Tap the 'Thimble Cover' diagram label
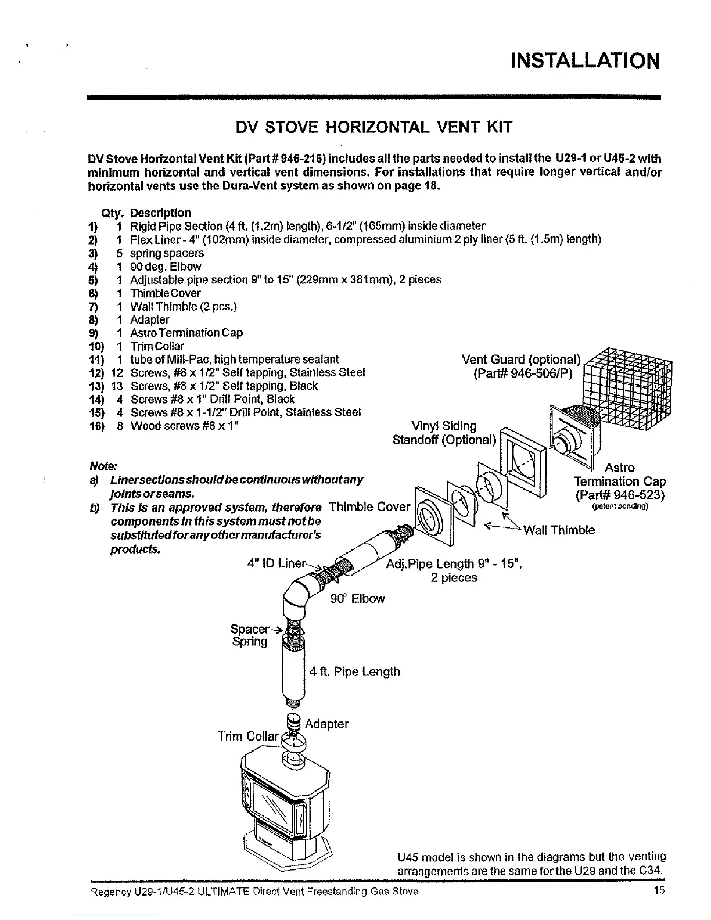point(369,506)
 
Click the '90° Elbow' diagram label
point(357,598)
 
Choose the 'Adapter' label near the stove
point(326,724)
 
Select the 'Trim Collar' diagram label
point(248,736)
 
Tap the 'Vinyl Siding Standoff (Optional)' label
point(444,433)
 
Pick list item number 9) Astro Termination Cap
point(186,333)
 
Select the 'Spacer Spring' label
point(250,635)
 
